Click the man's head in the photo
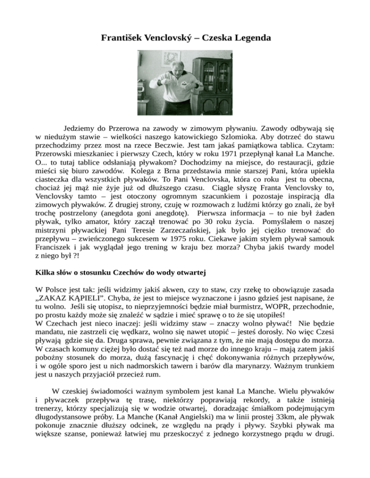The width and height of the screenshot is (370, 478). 177,62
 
